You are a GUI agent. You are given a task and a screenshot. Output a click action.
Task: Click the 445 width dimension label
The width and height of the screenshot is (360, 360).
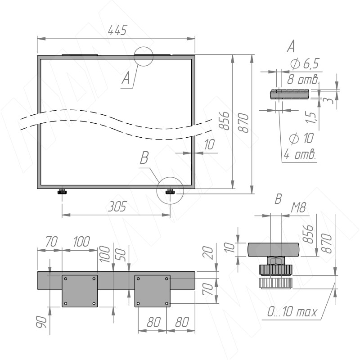117,30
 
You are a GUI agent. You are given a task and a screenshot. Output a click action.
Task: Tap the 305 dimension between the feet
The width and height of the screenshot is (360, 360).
117,207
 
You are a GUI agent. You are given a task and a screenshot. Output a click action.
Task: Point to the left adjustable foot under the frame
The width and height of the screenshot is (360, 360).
62,192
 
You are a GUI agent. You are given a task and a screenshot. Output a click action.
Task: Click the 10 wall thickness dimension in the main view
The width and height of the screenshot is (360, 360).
209,144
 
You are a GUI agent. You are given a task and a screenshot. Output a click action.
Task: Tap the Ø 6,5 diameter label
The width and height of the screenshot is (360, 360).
305,63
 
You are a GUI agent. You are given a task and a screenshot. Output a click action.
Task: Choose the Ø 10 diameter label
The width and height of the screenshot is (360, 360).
301,139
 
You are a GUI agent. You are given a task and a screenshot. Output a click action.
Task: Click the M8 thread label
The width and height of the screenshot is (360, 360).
298,208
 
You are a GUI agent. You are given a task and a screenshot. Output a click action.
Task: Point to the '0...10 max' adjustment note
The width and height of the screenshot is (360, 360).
292,312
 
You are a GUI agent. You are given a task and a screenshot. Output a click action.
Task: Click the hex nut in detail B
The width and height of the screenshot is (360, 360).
275,261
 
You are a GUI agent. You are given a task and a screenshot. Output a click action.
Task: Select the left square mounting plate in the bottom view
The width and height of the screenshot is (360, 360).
80,291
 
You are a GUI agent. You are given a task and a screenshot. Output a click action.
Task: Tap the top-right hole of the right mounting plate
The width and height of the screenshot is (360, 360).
166,279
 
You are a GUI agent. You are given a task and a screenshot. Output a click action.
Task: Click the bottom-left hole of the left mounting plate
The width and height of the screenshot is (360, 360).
65,303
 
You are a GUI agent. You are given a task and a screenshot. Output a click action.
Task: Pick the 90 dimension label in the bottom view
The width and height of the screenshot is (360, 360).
41,322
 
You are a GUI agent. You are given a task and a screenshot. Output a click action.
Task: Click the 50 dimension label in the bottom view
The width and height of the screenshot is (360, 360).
122,255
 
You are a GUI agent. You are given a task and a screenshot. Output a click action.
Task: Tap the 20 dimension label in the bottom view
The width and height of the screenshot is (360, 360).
208,252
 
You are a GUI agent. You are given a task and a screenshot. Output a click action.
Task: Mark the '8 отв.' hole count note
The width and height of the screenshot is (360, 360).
303,80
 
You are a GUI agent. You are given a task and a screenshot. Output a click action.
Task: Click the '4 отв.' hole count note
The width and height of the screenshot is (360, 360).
300,154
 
